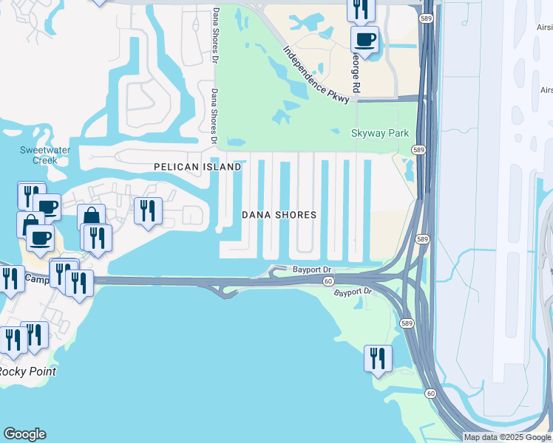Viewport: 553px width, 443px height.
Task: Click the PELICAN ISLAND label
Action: point(197,168)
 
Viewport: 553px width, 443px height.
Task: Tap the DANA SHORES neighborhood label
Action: point(279,215)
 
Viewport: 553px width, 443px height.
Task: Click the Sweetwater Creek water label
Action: point(38,155)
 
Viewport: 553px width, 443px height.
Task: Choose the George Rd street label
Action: point(357,72)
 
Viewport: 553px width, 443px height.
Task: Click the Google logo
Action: point(24,434)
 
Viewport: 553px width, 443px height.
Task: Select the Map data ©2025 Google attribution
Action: point(507,437)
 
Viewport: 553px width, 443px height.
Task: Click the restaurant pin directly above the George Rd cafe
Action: point(361,9)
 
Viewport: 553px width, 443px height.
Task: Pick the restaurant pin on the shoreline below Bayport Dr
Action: point(378,359)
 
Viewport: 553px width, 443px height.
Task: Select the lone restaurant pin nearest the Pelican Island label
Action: point(148,211)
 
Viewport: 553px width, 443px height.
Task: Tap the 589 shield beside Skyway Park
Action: point(419,149)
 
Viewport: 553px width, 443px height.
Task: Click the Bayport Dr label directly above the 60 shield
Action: point(311,269)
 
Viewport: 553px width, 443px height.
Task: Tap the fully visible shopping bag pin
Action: point(91,217)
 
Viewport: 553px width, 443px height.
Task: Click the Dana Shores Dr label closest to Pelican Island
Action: point(214,117)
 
